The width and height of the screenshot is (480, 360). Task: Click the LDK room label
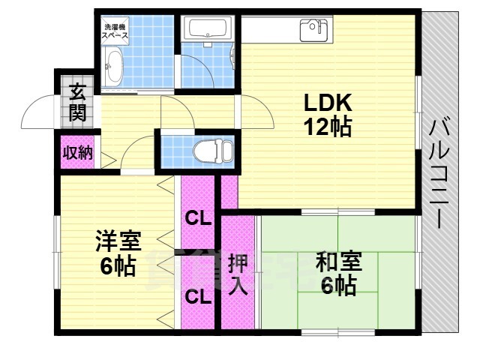tap(328, 103)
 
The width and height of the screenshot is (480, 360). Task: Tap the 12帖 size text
tap(328, 127)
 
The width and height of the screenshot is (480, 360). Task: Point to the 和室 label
tap(338, 262)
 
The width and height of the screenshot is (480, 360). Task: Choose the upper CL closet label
tap(198, 219)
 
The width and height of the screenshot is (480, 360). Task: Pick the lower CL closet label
tap(198, 297)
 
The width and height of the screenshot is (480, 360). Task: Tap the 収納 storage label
tap(77, 153)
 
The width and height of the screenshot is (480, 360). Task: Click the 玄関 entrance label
tap(77, 103)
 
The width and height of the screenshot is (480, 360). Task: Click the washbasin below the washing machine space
tap(115, 67)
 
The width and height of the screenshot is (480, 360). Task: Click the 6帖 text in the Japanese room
tap(338, 286)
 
